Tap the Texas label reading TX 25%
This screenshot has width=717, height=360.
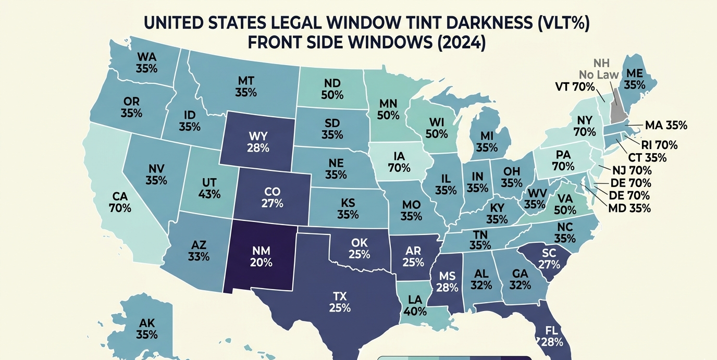tap(339, 302)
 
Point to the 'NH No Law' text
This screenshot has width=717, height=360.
tap(600, 69)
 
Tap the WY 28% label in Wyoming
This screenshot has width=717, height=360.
tap(258, 142)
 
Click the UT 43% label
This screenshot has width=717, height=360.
tap(209, 188)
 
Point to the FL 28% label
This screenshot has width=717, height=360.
tap(552, 336)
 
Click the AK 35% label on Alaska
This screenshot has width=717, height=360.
tap(147, 327)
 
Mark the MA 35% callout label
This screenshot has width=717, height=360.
tap(666, 126)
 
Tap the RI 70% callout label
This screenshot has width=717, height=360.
tap(659, 145)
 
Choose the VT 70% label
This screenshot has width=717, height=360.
tap(575, 87)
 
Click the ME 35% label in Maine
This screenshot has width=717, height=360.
tap(634, 79)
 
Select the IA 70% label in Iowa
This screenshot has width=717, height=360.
tap(399, 162)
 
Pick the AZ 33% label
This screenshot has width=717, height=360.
tap(199, 251)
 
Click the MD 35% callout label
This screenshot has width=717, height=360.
tap(629, 208)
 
